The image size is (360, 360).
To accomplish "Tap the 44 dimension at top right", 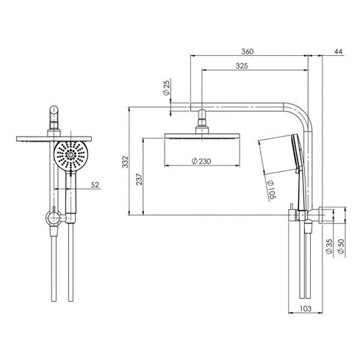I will pyautogui.click(x=337, y=51).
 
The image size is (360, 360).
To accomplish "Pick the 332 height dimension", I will pyautogui.click(x=126, y=159).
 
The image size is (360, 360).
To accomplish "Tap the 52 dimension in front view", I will pyautogui.click(x=95, y=186).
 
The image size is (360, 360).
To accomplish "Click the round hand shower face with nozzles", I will pyautogui.click(x=71, y=154).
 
